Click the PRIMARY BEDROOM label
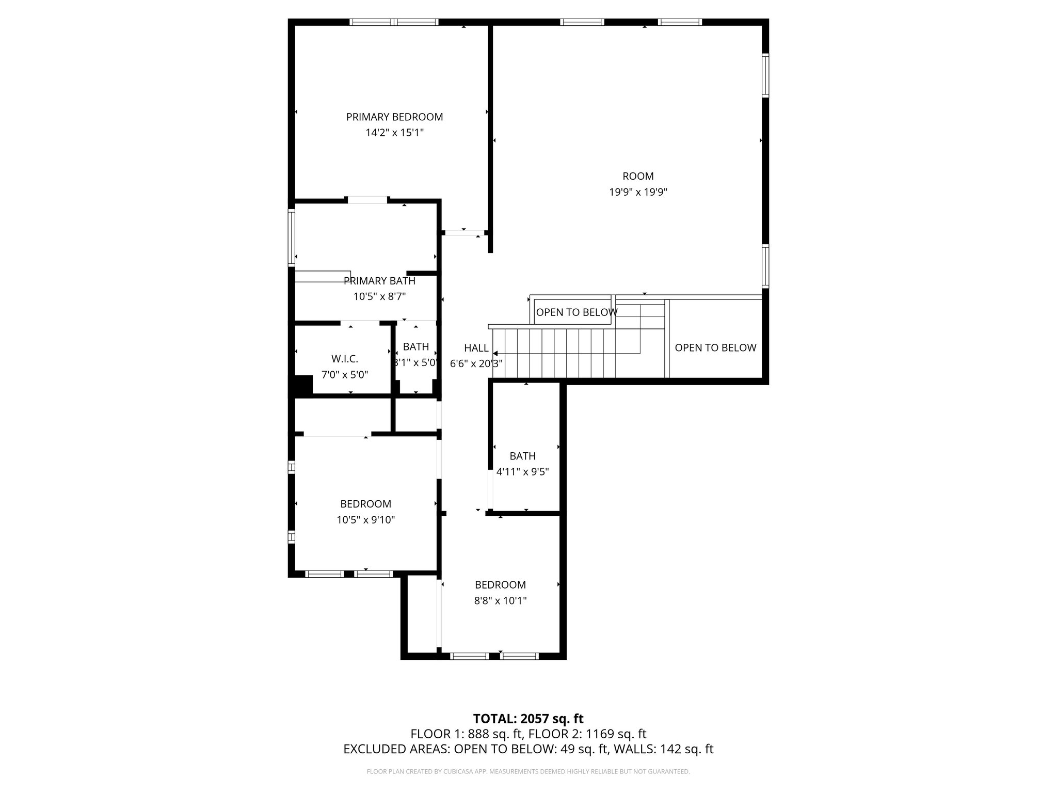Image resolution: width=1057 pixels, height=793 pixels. pos(394,117)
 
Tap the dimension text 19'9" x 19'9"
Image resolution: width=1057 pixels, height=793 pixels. pos(638,192)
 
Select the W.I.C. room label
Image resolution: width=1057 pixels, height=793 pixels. pos(344,359)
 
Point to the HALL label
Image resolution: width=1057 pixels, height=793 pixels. pos(476,348)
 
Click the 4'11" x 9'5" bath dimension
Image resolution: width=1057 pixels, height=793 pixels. pos(522,471)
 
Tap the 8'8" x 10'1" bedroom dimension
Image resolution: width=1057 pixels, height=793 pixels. pos(500,600)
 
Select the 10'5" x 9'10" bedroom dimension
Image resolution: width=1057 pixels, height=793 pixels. pos(365,520)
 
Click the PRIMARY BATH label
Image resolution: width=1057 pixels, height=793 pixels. pos(379,281)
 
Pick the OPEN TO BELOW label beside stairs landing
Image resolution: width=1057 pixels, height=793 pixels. pos(576,312)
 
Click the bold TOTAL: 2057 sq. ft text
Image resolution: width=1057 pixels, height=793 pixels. pos(528,719)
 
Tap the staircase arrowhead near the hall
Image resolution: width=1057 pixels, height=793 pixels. pos(495,354)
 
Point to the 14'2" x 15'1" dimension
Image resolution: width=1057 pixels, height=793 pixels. pos(394,133)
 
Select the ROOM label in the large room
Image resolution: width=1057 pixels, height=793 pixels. pos(638,176)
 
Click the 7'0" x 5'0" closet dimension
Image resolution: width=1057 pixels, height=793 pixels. pos(344,375)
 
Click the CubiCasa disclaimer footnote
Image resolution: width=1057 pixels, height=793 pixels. pos(528,772)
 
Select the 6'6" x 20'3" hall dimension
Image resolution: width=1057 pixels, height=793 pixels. pos(476,363)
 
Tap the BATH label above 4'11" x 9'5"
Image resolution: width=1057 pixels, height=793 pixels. pos(522,456)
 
